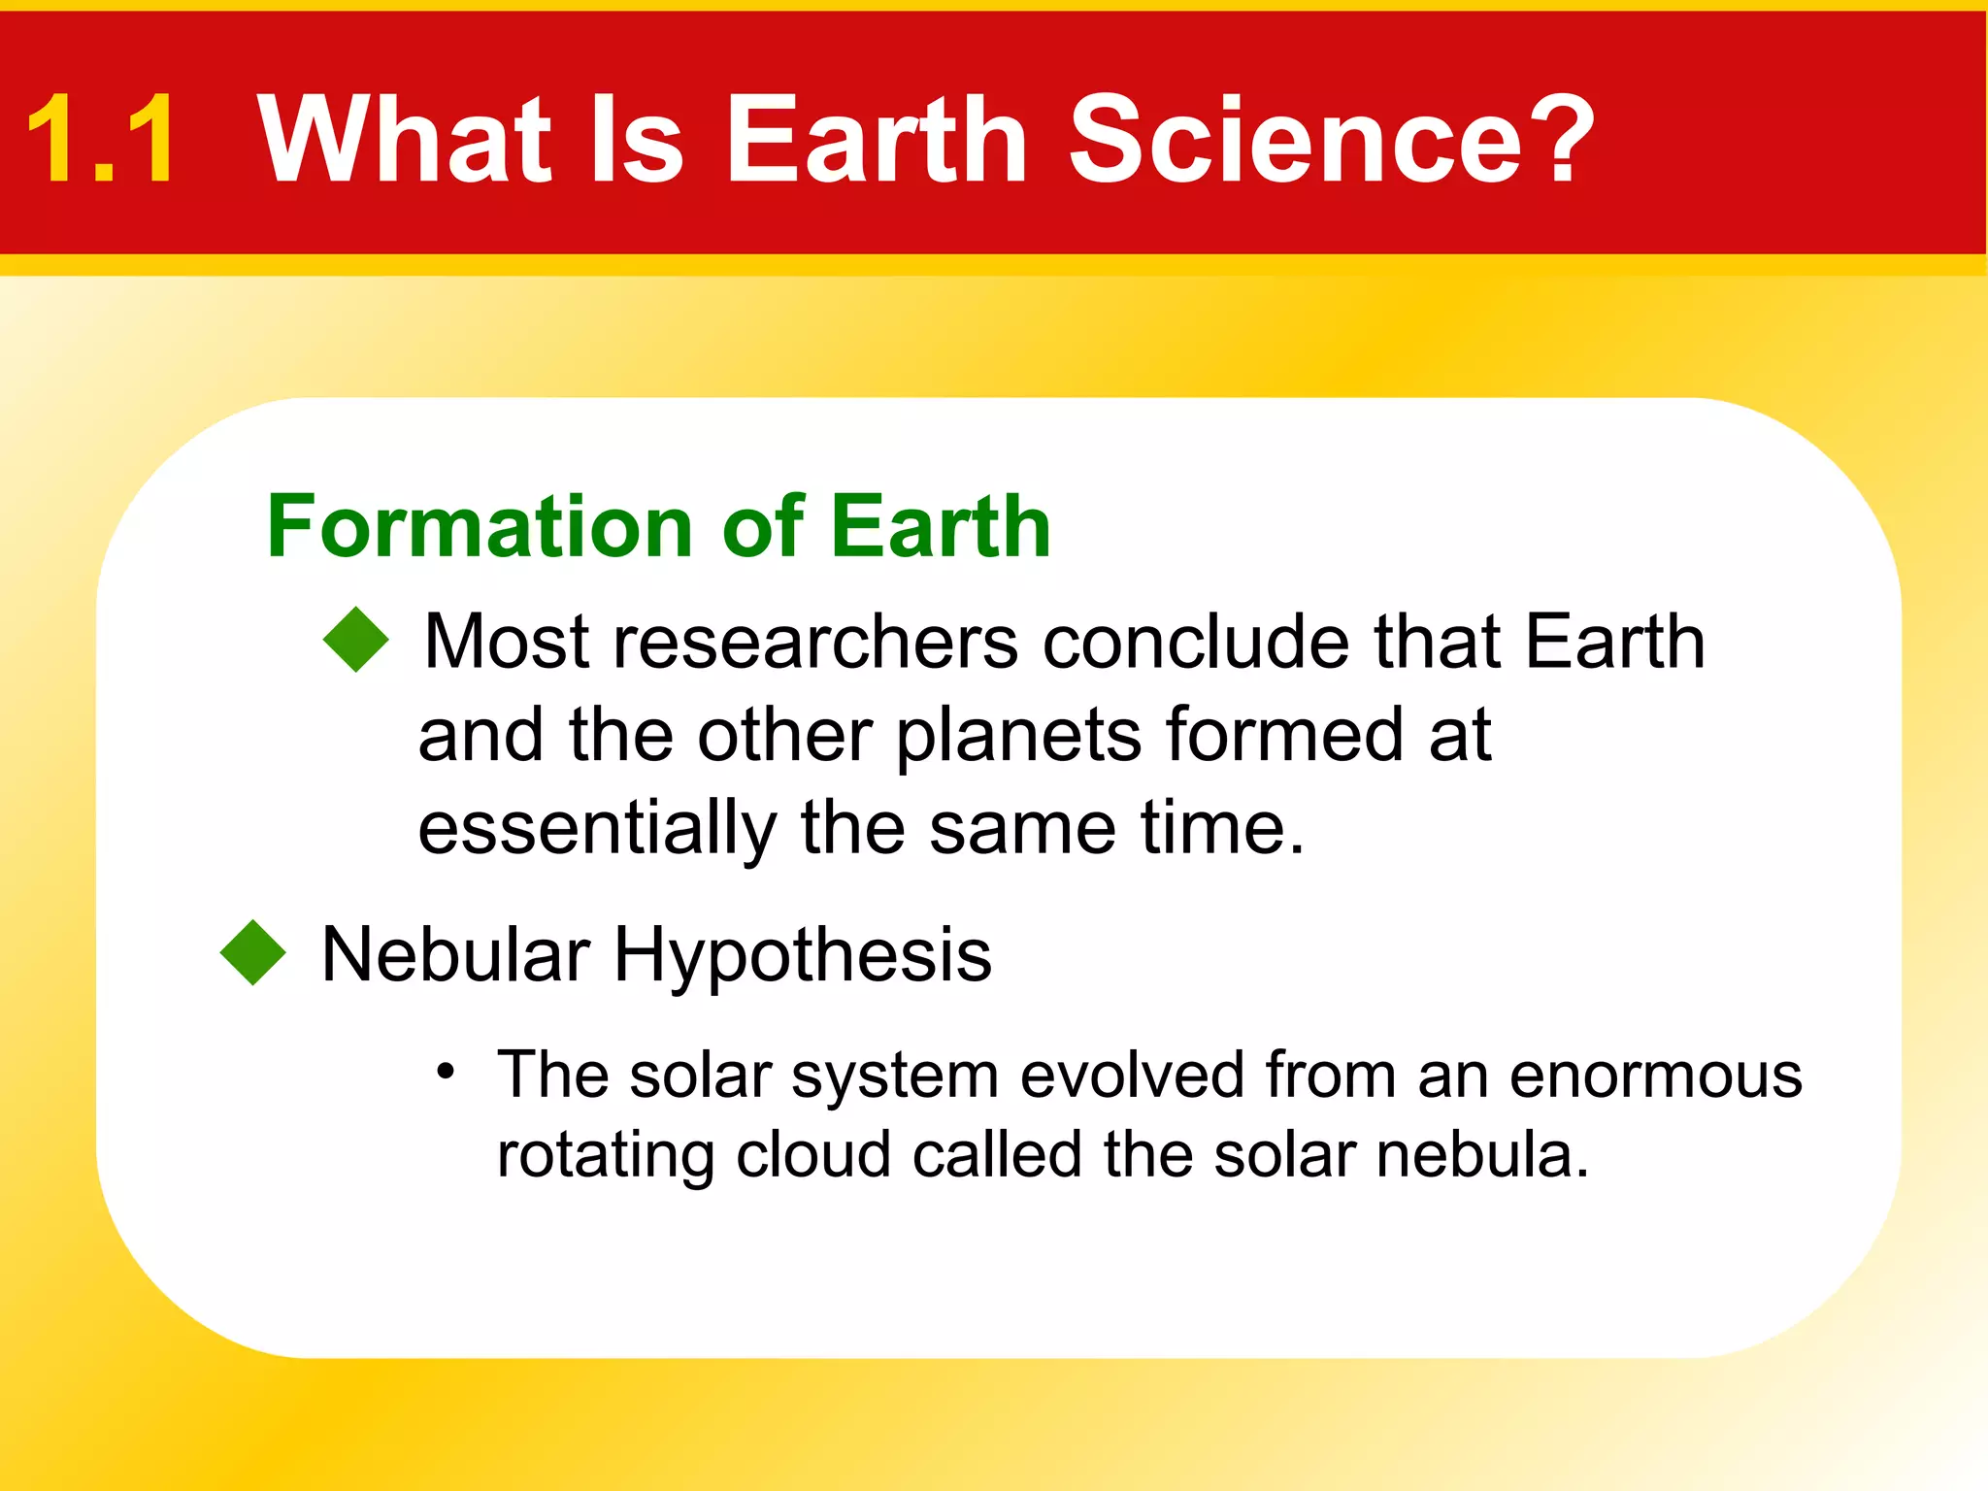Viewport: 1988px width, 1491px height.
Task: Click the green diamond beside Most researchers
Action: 356,640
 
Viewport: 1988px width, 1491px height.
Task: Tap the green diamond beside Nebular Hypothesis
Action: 253,952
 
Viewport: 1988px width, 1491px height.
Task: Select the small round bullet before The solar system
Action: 446,1072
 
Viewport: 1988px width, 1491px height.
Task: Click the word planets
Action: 1018,737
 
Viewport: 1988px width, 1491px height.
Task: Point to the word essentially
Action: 597,830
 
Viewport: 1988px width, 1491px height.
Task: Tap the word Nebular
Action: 455,954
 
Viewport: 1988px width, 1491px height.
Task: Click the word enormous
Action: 1655,1076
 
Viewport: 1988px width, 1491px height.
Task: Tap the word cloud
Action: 812,1155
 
